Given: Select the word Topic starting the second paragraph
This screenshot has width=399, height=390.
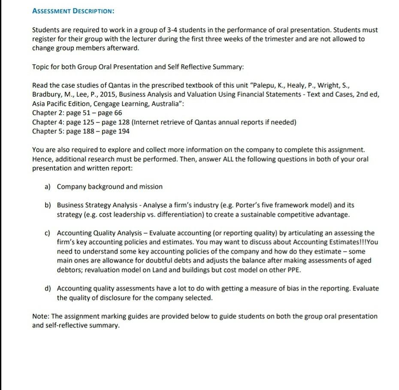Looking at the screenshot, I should coord(41,67).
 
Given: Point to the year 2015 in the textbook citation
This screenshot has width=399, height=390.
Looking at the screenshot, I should coord(94,95).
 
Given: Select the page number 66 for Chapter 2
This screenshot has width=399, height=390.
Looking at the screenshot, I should coord(118,113).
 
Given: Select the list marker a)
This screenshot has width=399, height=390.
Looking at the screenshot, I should coord(48,187).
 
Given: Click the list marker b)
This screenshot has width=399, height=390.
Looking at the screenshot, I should coord(48,206).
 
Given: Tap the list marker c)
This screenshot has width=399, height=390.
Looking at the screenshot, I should coord(48,233).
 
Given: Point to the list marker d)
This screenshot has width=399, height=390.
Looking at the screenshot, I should coord(48,289).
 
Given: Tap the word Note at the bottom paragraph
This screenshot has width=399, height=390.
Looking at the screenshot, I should coord(40,317).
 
